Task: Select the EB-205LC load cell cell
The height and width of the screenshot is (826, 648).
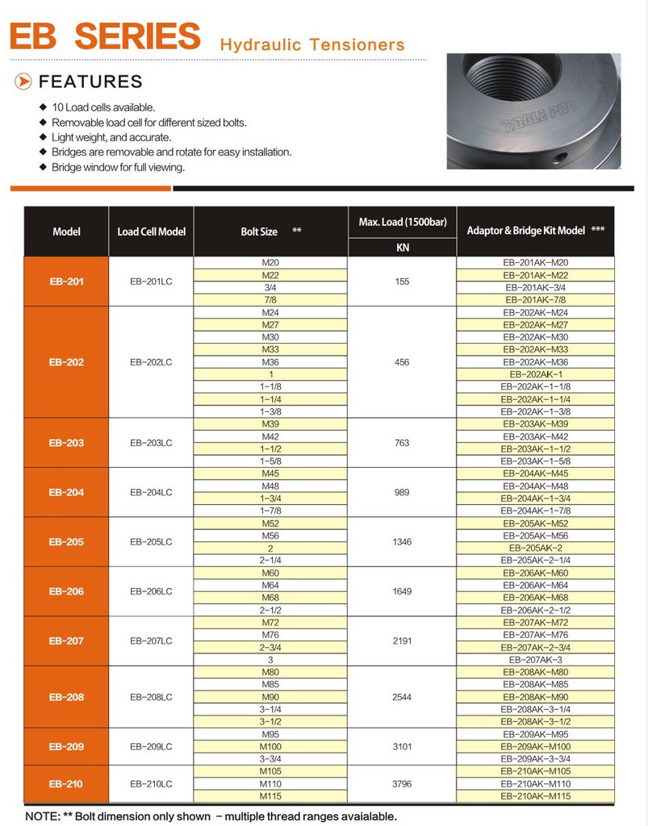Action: click(x=151, y=542)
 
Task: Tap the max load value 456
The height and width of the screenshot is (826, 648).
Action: click(x=402, y=362)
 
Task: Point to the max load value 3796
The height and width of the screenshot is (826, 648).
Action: click(x=402, y=783)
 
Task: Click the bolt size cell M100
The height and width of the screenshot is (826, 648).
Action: click(x=270, y=747)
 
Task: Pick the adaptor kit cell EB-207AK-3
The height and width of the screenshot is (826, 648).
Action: click(x=536, y=660)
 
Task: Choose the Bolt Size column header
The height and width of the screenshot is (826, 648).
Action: click(x=260, y=232)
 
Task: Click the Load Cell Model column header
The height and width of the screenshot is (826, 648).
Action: click(x=151, y=232)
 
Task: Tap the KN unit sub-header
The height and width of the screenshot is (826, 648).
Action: click(x=402, y=248)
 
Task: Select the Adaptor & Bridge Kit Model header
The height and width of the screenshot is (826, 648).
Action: click(x=536, y=231)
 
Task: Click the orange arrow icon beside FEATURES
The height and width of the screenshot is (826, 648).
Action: click(x=24, y=81)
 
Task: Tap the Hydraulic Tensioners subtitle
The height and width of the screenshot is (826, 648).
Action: click(x=311, y=44)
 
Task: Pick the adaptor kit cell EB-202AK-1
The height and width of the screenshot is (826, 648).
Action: click(x=536, y=375)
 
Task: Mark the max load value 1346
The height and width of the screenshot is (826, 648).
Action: click(x=402, y=542)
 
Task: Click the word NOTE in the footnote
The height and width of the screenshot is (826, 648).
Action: click(x=40, y=816)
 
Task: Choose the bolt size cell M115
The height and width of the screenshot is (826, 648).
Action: click(x=270, y=796)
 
